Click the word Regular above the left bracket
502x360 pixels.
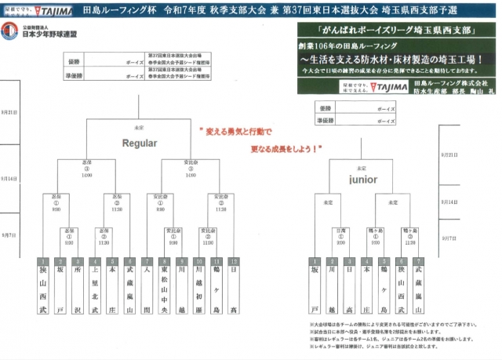click(139, 143)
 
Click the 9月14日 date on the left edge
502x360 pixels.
click(10, 179)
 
